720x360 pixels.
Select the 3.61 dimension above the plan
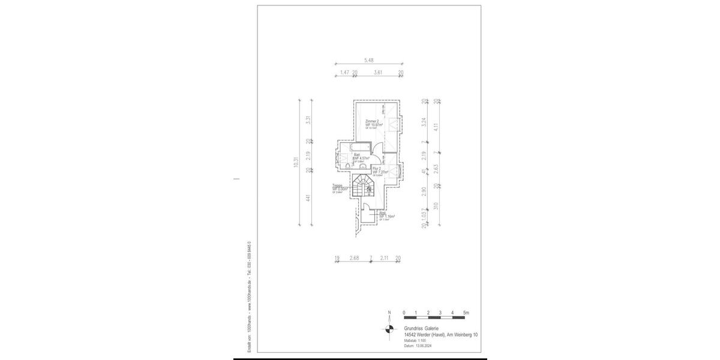(378, 73)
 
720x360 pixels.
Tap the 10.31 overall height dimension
(295, 163)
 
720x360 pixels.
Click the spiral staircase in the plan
(362, 185)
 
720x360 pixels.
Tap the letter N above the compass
(389, 313)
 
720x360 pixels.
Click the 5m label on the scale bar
(466, 313)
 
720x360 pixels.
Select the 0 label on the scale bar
(404, 313)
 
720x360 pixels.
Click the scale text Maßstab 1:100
(415, 341)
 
